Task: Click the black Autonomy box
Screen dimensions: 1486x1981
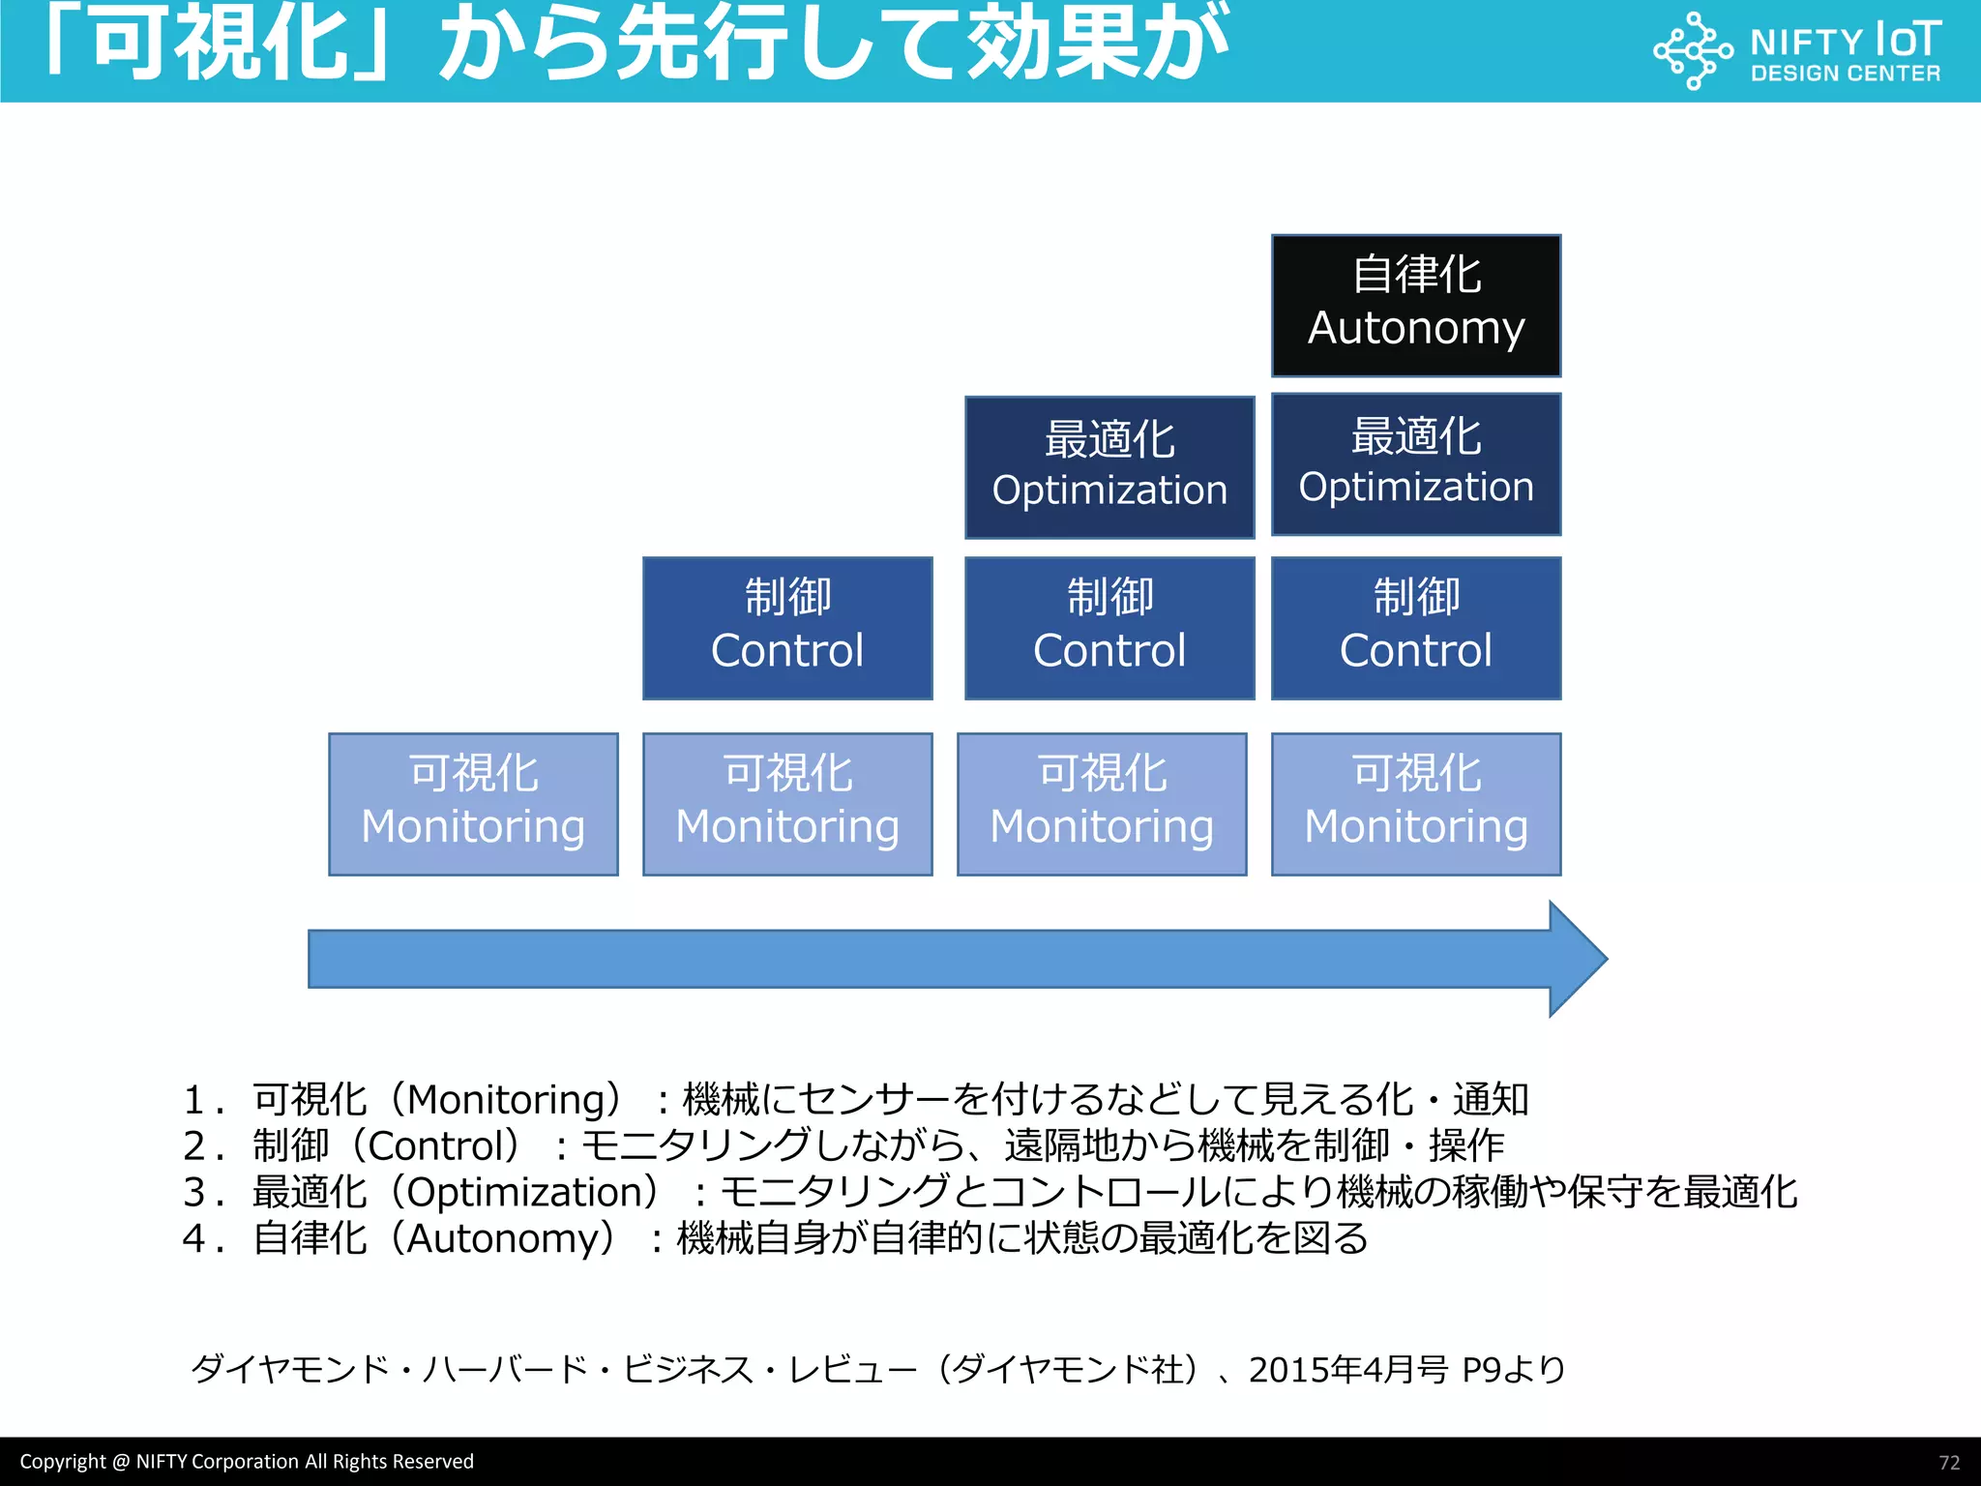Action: pyautogui.click(x=1415, y=306)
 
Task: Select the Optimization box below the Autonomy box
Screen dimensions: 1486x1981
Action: pyautogui.click(x=1415, y=464)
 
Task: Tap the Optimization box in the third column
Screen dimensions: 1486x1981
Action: pyautogui.click(x=1109, y=467)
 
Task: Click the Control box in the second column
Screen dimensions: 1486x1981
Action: pyautogui.click(x=787, y=628)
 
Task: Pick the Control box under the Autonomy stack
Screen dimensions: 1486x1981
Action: pyautogui.click(x=1415, y=628)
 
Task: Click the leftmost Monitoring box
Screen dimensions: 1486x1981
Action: pyautogui.click(x=473, y=804)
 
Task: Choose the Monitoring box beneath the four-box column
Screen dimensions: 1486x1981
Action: pyautogui.click(x=1415, y=804)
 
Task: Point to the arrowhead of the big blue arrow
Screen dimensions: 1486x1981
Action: pyautogui.click(x=1577, y=959)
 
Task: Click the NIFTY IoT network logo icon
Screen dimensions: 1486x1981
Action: pyautogui.click(x=1692, y=50)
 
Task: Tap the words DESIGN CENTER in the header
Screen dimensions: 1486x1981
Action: pyautogui.click(x=1845, y=74)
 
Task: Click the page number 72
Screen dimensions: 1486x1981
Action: pyautogui.click(x=1949, y=1463)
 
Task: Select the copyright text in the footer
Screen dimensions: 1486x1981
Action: pyautogui.click(x=247, y=1462)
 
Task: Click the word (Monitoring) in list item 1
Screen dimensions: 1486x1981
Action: pyautogui.click(x=513, y=1100)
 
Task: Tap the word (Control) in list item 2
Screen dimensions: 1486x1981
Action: pyautogui.click(x=444, y=1146)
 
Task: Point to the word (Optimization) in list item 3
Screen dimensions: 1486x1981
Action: pyautogui.click(x=532, y=1192)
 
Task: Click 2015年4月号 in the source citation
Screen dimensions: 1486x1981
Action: pyautogui.click(x=1348, y=1370)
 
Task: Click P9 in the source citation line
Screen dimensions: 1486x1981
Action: pyautogui.click(x=1481, y=1370)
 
